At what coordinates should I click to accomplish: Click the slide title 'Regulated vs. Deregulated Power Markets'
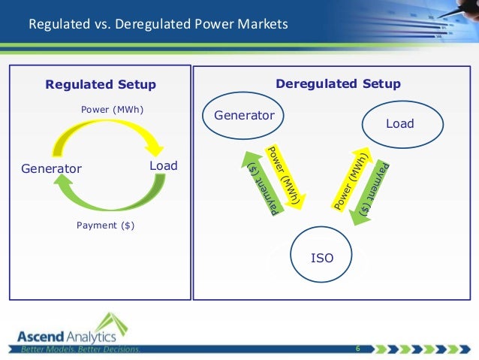click(x=158, y=26)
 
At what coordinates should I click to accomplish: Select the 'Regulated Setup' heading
click(x=101, y=84)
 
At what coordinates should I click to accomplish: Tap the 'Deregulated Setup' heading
click(x=338, y=83)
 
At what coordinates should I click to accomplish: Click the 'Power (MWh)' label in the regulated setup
click(x=112, y=110)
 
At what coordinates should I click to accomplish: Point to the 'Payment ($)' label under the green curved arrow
click(x=106, y=225)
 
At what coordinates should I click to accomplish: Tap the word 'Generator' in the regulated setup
click(x=50, y=169)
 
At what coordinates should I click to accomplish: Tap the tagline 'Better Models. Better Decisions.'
click(x=80, y=349)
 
